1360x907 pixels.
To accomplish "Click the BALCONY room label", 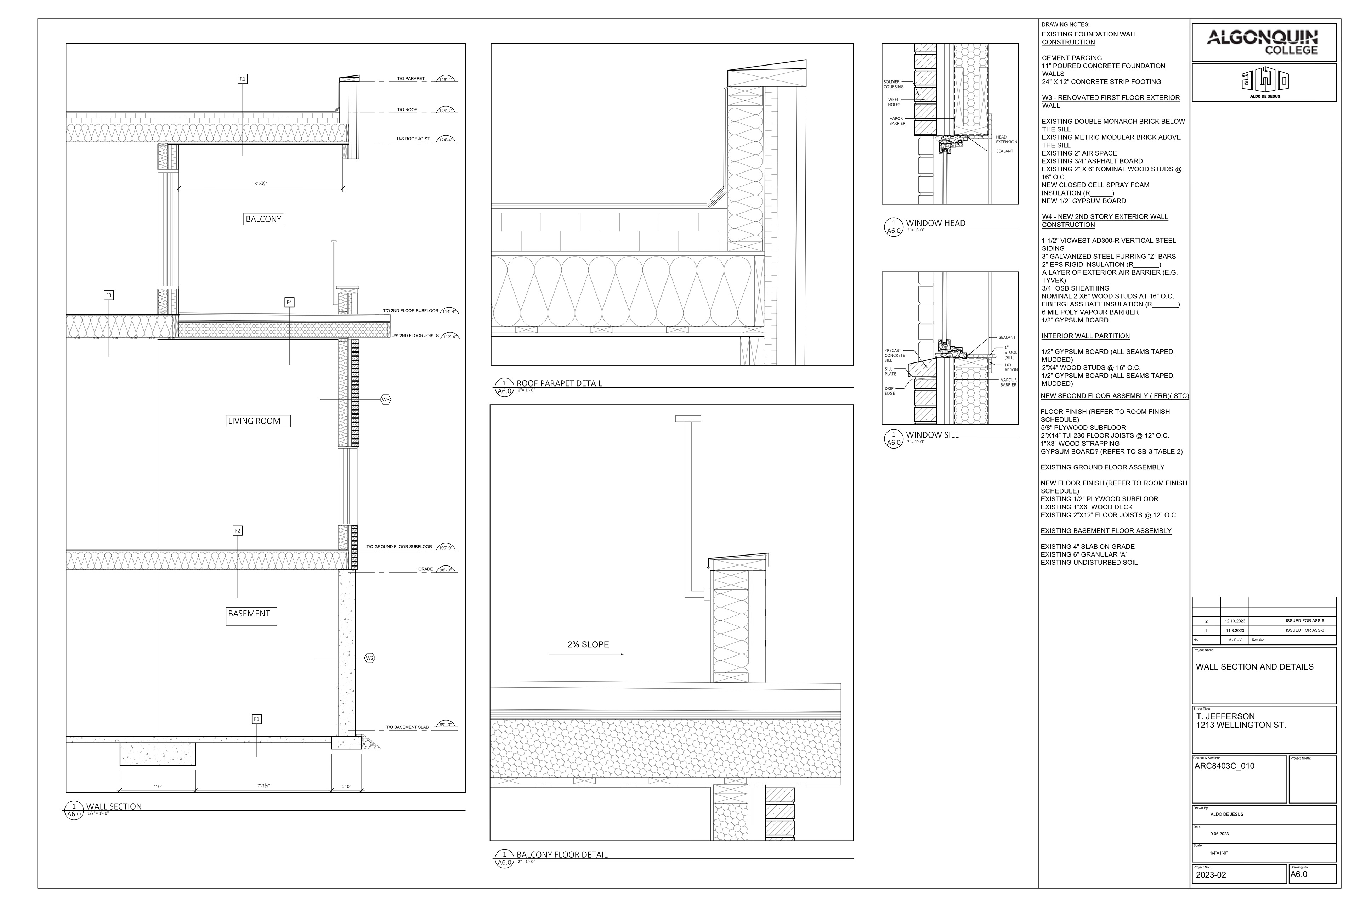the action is (263, 219).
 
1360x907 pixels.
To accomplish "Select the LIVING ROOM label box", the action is (257, 421).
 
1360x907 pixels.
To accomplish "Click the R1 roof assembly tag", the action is (243, 79).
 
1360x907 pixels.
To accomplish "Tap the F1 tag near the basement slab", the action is (257, 719).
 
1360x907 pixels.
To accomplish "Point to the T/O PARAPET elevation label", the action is (410, 79).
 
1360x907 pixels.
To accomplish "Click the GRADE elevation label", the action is (426, 569).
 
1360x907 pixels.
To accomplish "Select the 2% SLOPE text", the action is (588, 644).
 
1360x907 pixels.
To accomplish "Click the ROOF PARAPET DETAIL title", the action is (559, 383).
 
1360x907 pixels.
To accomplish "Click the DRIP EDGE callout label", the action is (889, 391).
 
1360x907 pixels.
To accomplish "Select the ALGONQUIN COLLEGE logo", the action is (1263, 42).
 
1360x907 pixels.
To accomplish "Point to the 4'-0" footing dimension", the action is (157, 786).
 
